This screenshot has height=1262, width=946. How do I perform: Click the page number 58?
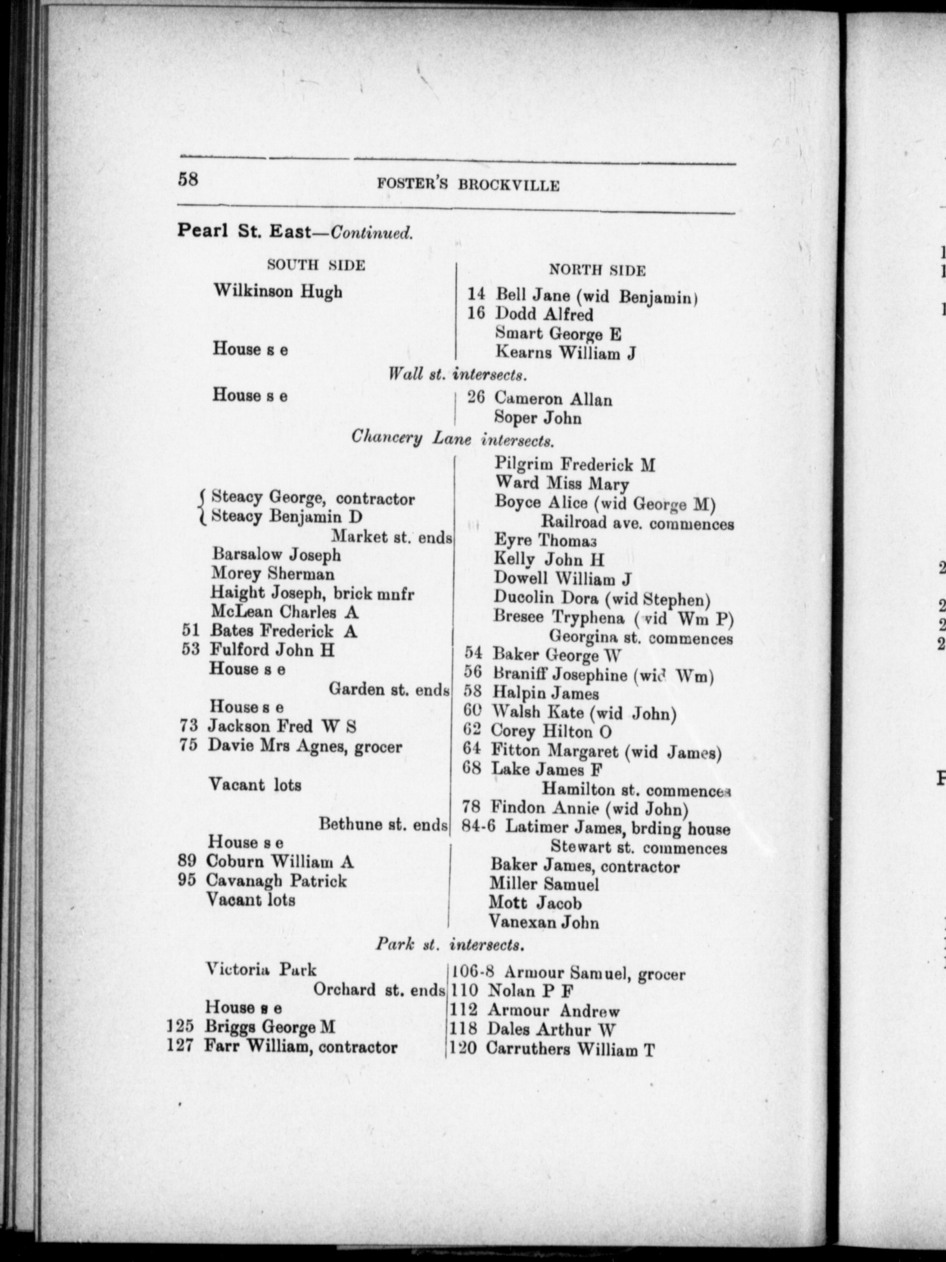click(188, 179)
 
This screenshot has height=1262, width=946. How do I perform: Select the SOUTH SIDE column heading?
click(316, 265)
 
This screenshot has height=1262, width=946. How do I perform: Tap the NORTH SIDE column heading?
click(597, 271)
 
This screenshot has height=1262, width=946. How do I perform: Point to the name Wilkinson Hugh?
click(278, 292)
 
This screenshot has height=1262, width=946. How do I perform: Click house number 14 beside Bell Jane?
click(477, 294)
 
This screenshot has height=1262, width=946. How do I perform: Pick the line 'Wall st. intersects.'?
click(456, 375)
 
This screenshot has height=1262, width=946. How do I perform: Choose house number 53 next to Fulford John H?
click(191, 649)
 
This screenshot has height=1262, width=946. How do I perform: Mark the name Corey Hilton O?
click(551, 731)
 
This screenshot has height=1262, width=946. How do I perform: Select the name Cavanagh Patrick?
click(276, 881)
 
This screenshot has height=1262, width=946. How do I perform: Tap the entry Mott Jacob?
click(536, 903)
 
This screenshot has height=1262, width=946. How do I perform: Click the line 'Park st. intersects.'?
click(449, 945)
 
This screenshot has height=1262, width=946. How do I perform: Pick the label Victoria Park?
click(261, 969)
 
